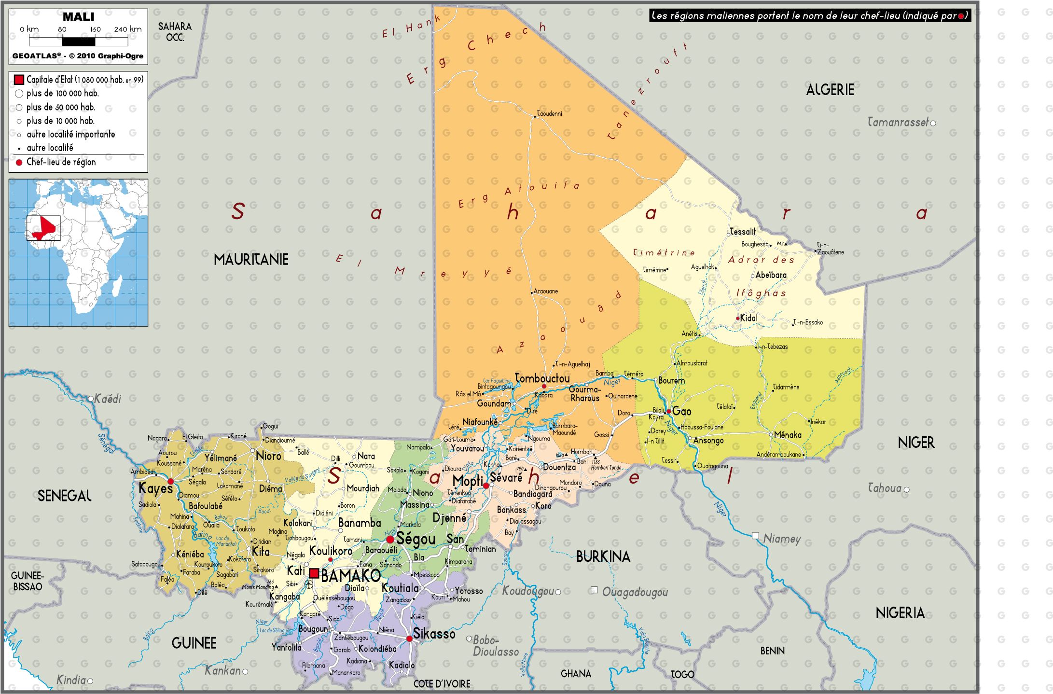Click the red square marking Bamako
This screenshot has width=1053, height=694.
pyautogui.click(x=314, y=573)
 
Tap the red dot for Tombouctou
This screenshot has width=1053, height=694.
pyautogui.click(x=544, y=386)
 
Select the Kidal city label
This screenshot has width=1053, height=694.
pyautogui.click(x=748, y=318)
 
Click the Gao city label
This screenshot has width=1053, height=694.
pyautogui.click(x=681, y=411)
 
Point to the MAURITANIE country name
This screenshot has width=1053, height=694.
pyautogui.click(x=251, y=260)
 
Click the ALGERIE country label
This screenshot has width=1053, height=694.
pyautogui.click(x=830, y=90)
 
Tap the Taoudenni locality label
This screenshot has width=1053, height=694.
pyautogui.click(x=550, y=114)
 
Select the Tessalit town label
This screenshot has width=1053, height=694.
pyautogui.click(x=743, y=232)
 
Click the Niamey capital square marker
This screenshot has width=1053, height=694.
pyautogui.click(x=755, y=536)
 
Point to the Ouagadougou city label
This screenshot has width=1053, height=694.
pyautogui.click(x=635, y=592)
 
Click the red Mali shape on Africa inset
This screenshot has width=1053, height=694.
pyautogui.click(x=45, y=228)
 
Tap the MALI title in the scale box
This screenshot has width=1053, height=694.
pyautogui.click(x=78, y=17)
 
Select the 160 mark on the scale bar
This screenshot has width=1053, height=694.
pyautogui.click(x=95, y=29)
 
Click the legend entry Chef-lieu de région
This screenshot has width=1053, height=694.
pyautogui.click(x=61, y=162)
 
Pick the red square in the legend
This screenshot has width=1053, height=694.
pyautogui.click(x=19, y=80)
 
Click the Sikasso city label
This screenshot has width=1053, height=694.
pyautogui.click(x=434, y=634)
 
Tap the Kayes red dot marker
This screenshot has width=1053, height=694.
pyautogui.click(x=170, y=481)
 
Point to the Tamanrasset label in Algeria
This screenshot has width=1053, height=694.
pyautogui.click(x=897, y=123)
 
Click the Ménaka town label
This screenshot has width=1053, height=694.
pyautogui.click(x=788, y=435)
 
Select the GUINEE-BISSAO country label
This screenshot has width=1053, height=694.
pyautogui.click(x=28, y=581)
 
